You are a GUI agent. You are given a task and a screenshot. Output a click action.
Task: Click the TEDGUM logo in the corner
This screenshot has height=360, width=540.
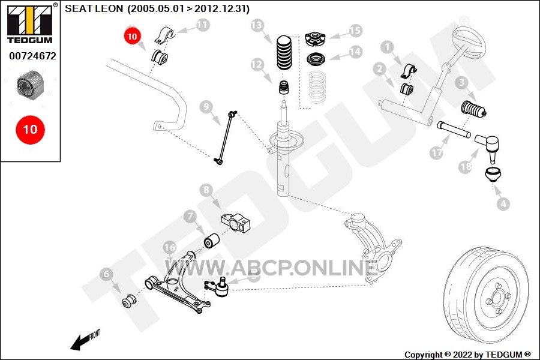coord(30,23)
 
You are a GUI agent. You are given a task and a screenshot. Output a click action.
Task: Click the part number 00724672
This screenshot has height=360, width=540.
coord(32,56)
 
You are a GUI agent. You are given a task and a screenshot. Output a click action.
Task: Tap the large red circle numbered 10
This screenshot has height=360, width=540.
coord(31,130)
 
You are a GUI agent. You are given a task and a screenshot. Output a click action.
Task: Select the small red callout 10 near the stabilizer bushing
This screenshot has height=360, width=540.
coord(132,36)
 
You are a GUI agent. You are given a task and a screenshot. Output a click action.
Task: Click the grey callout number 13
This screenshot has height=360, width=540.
coord(257,25)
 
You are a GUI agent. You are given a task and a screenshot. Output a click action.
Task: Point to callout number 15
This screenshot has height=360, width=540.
coord(355,31)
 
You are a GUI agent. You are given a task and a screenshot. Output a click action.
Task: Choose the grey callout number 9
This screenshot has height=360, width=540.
coord(206,107)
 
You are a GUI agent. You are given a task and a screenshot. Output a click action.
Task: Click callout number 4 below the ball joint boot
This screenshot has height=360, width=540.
coord(503,204)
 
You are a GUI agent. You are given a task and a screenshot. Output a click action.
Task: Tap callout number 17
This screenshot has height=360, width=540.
coord(436,152)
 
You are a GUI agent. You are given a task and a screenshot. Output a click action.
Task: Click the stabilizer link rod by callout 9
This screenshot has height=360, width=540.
coord(226,137)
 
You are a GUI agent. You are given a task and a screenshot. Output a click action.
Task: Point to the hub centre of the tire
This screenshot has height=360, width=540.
coord(497,298)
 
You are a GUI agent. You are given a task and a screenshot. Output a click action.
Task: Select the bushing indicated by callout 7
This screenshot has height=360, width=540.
coord(211,241)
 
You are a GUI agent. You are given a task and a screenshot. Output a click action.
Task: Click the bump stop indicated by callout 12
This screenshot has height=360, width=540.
coord(284,87)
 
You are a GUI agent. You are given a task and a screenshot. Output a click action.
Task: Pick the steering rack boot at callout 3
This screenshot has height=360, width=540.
coord(473,109)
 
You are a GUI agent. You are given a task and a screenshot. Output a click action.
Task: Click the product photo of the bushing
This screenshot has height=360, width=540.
coord(31,85)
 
